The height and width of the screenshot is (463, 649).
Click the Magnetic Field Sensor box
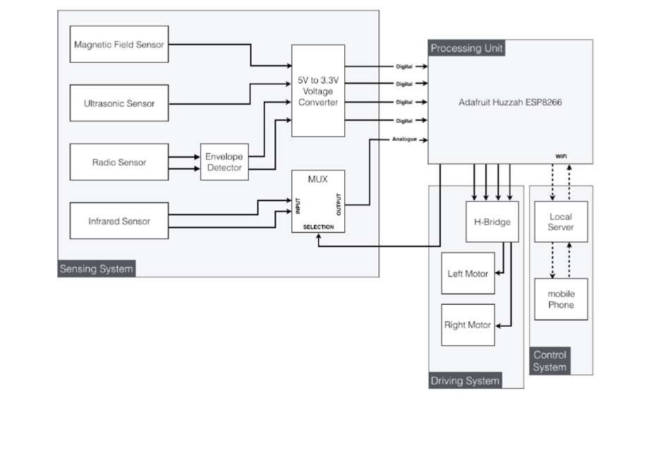[x=119, y=44]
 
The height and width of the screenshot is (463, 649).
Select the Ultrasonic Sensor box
[x=119, y=103]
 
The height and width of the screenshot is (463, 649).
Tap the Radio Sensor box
[x=119, y=162]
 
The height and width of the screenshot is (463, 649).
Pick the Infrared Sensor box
[x=119, y=221]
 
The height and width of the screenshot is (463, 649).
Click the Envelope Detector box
[x=224, y=162]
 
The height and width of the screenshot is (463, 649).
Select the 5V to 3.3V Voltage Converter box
[x=318, y=91]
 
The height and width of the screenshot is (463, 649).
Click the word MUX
[x=317, y=179]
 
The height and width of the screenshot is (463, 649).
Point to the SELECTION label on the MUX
[x=318, y=227]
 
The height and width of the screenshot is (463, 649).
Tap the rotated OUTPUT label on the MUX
[x=339, y=204]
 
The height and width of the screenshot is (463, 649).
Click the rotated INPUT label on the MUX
[x=298, y=205]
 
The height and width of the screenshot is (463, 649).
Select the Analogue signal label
[x=404, y=140]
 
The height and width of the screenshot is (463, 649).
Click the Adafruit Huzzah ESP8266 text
[x=510, y=102]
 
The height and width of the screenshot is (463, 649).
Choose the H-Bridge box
[x=492, y=222]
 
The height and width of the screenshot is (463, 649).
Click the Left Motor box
[x=467, y=274]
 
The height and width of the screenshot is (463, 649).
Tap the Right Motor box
[x=467, y=325]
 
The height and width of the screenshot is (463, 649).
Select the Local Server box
[x=560, y=222]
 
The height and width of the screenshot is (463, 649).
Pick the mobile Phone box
[x=560, y=299]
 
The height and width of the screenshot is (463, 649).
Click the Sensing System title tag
[x=96, y=269]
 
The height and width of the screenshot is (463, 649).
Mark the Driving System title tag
[x=465, y=381]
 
